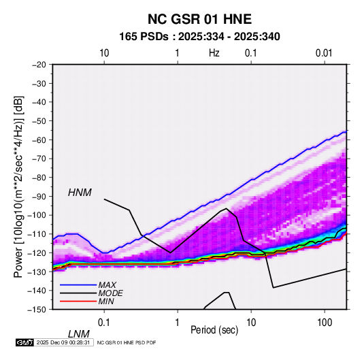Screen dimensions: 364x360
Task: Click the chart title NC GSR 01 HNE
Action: coord(199,19)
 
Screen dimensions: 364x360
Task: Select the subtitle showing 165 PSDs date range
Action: coord(199,37)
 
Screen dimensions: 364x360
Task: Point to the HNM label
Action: coord(80,193)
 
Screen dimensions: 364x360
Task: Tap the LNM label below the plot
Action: coord(79,334)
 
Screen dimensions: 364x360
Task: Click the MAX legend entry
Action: coord(107,284)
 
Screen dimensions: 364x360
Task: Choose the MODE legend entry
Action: coord(110,293)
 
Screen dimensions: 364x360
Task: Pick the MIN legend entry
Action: coord(106,301)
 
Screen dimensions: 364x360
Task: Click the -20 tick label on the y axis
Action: coord(39,65)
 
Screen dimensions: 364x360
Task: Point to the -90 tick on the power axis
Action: coord(39,196)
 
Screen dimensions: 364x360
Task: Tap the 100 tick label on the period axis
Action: coord(325,323)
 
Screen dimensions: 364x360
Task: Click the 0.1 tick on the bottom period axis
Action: coord(104,323)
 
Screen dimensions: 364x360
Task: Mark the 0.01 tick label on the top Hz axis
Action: coord(324,53)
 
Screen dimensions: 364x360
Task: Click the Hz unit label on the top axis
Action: coord(214,53)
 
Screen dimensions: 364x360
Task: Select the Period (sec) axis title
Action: coord(214,330)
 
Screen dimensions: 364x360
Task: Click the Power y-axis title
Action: coord(18,187)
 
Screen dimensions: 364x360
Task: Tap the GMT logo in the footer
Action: coord(24,342)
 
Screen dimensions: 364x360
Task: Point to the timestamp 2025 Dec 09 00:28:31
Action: coord(63,342)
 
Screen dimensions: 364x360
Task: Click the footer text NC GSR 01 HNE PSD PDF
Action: coord(127,342)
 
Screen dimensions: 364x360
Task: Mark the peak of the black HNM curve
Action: coord(226,208)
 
